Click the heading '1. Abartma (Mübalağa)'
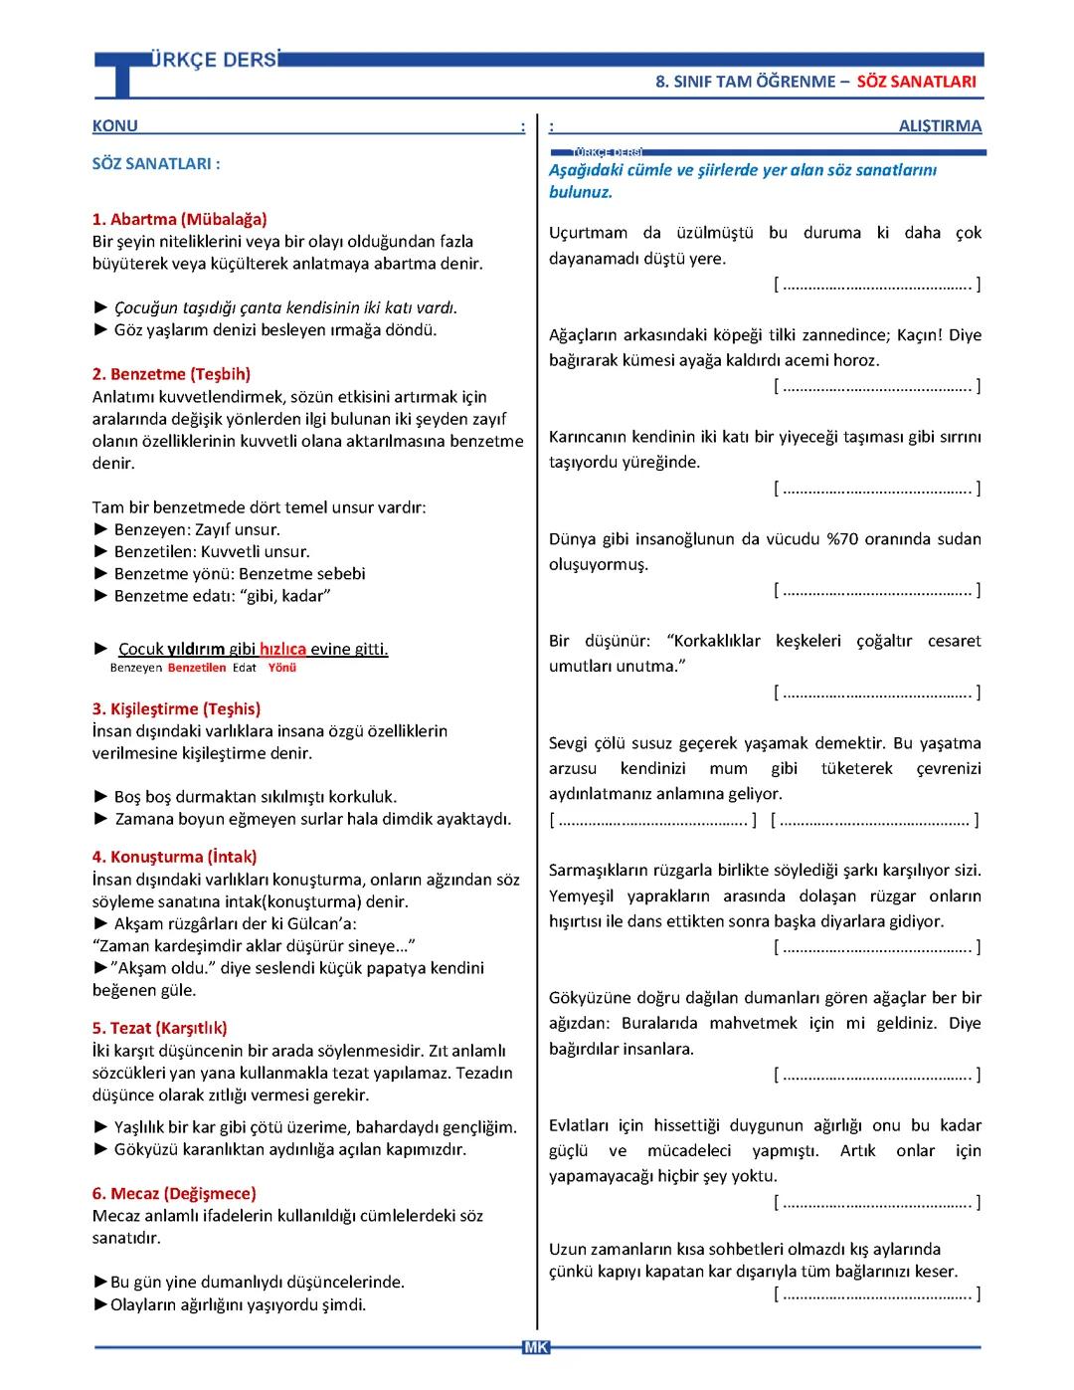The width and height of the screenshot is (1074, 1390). [x=179, y=219]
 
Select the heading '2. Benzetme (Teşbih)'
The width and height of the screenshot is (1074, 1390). [x=171, y=374]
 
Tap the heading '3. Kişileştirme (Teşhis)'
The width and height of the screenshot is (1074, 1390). [x=176, y=708]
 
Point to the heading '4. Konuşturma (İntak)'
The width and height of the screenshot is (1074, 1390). [x=174, y=857]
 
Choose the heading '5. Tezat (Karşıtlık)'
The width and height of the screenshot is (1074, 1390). [x=159, y=1028]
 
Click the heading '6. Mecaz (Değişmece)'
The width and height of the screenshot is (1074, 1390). [x=174, y=1193]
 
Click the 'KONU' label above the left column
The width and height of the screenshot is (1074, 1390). [x=115, y=126]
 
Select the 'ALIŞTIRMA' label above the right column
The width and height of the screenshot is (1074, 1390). [x=939, y=126]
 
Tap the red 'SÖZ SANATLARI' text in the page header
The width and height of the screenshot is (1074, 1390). [x=916, y=82]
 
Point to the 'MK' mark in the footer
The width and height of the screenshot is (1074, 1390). [x=535, y=1347]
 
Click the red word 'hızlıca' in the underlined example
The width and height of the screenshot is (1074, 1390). [x=283, y=649]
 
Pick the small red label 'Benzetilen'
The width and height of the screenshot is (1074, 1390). [x=197, y=668]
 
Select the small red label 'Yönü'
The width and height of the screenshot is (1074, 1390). [x=282, y=668]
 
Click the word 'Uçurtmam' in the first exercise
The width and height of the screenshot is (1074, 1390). [x=588, y=233]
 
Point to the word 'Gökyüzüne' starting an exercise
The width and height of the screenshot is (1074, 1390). [x=593, y=998]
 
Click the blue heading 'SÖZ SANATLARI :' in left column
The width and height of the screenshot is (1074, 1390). [x=156, y=164]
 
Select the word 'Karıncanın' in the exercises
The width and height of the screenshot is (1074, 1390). [x=594, y=437]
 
